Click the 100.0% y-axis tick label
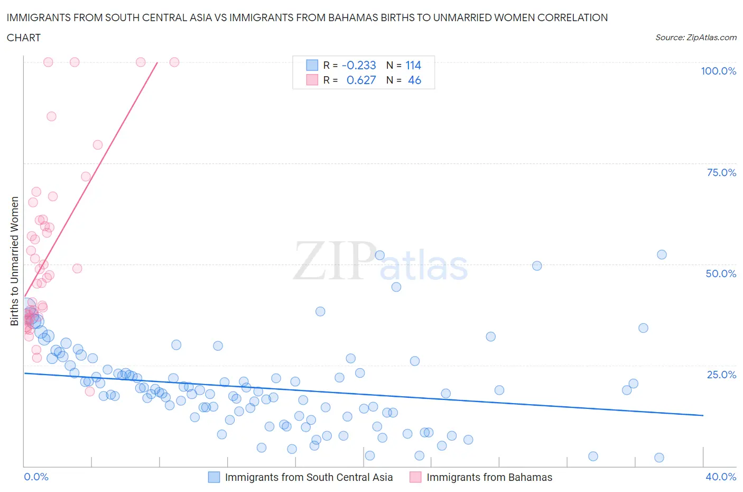pyautogui.click(x=718, y=71)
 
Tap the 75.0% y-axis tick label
pyautogui.click(x=721, y=172)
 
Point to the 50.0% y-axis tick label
pyautogui.click(x=720, y=274)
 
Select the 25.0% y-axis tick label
pyautogui.click(x=721, y=375)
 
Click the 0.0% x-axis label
pyautogui.click(x=36, y=477)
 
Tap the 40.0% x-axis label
pyautogui.click(x=720, y=477)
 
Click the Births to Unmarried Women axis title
pyautogui.click(x=14, y=261)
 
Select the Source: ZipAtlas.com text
pyautogui.click(x=695, y=38)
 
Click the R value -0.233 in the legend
pyautogui.click(x=359, y=66)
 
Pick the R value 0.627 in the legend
pyautogui.click(x=361, y=80)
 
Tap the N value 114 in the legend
pyautogui.click(x=413, y=66)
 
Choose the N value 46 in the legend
pyautogui.click(x=414, y=80)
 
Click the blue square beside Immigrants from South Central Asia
pyautogui.click(x=214, y=477)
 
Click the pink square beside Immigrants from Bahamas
pyautogui.click(x=415, y=477)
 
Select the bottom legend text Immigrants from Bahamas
pyautogui.click(x=489, y=477)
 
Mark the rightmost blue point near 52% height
pyautogui.click(x=662, y=254)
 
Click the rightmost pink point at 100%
pyautogui.click(x=174, y=62)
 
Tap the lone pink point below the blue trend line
pyautogui.click(x=90, y=391)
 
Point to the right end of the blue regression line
pyautogui.click(x=703, y=415)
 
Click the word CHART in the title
pyautogui.click(x=24, y=38)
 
